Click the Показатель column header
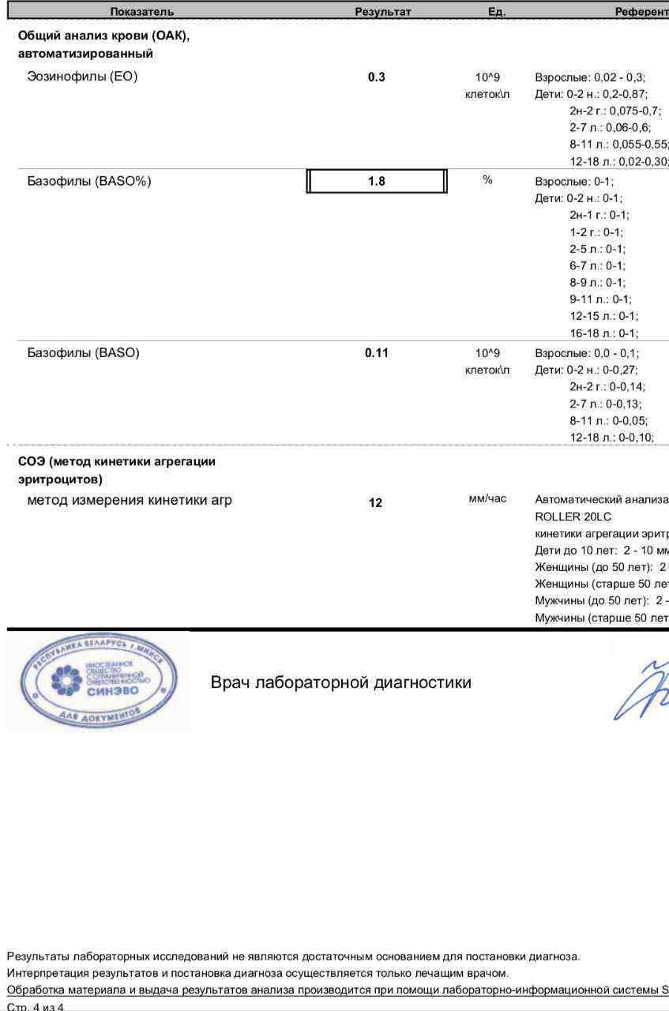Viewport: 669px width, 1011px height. click(142, 11)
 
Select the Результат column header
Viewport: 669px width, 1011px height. click(383, 11)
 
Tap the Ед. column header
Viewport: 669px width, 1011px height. click(497, 11)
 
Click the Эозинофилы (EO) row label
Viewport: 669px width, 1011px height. click(82, 77)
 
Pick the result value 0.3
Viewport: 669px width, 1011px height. click(377, 77)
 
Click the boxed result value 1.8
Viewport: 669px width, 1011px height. click(377, 181)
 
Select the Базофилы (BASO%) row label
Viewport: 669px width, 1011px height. click(89, 181)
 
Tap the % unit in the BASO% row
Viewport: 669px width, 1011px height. click(487, 180)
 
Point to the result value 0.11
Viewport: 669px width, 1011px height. click(377, 353)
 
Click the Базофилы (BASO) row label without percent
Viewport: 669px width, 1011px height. click(83, 353)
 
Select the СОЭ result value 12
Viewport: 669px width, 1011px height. click(375, 502)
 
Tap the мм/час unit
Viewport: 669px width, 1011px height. click(487, 498)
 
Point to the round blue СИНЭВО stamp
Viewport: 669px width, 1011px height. click(99, 682)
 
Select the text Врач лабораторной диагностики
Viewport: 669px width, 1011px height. click(340, 682)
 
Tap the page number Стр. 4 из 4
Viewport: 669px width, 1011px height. click(36, 1006)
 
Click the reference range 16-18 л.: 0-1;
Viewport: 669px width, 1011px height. click(604, 333)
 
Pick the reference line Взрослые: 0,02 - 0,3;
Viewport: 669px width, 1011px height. click(590, 77)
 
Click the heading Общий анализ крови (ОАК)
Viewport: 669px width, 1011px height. click(103, 36)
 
